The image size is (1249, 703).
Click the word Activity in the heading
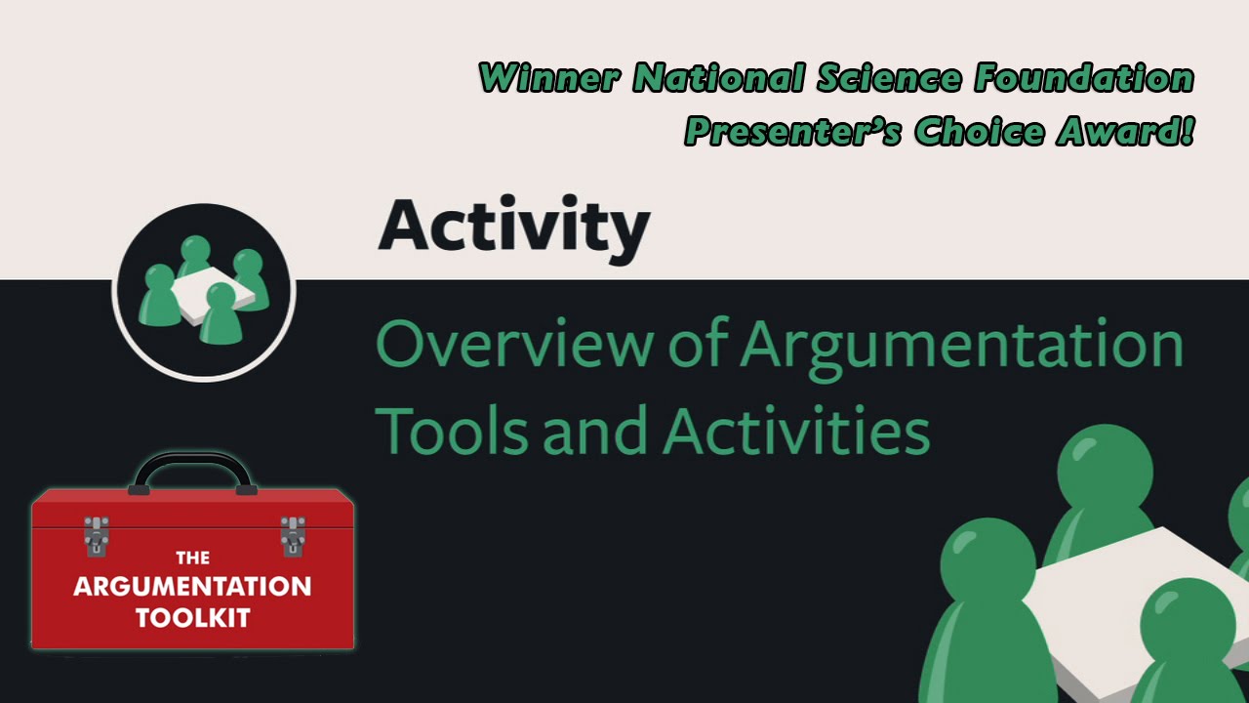tap(513, 227)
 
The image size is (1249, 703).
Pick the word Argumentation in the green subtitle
tap(962, 344)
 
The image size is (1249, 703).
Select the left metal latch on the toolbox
tap(96, 535)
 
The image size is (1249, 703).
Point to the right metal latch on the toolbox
tap(292, 535)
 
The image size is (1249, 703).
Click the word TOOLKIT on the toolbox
tap(192, 617)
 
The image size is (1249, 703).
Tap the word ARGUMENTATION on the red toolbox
tap(192, 587)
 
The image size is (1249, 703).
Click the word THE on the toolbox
tap(192, 558)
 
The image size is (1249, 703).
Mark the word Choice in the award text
tap(979, 131)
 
